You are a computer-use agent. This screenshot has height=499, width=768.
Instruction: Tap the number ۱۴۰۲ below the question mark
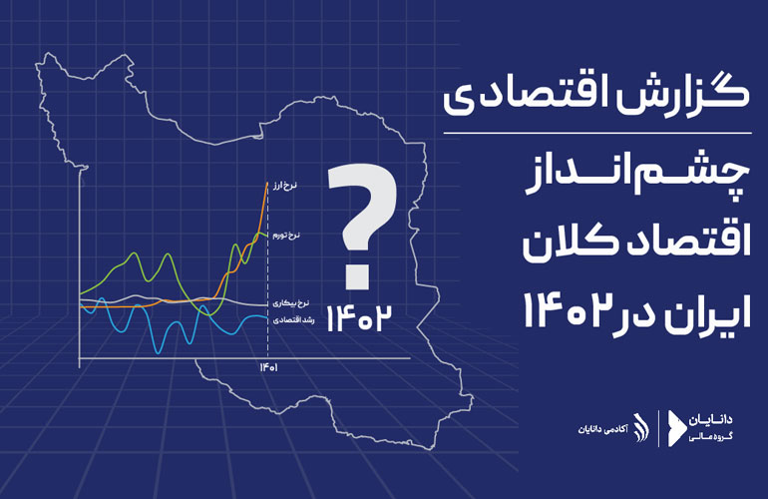[x=359, y=318]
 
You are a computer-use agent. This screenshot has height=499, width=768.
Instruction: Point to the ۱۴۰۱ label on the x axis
[x=268, y=367]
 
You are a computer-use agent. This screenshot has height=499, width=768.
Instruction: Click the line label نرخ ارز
[x=284, y=186]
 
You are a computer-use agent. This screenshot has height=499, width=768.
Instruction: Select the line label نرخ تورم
[x=286, y=236]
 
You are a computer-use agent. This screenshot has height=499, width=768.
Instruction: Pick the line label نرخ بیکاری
[x=291, y=303]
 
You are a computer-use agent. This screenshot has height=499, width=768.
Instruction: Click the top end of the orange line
[x=267, y=183]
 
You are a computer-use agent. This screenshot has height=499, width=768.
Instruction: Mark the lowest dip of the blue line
[x=158, y=352]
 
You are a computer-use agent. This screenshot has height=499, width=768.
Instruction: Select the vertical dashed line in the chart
[x=267, y=268]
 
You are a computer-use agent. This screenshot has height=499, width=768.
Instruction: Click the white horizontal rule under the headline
[x=597, y=133]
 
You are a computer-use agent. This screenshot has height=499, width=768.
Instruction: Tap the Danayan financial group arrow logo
[x=676, y=427]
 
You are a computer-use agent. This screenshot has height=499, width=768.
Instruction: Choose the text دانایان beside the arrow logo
[x=711, y=419]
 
